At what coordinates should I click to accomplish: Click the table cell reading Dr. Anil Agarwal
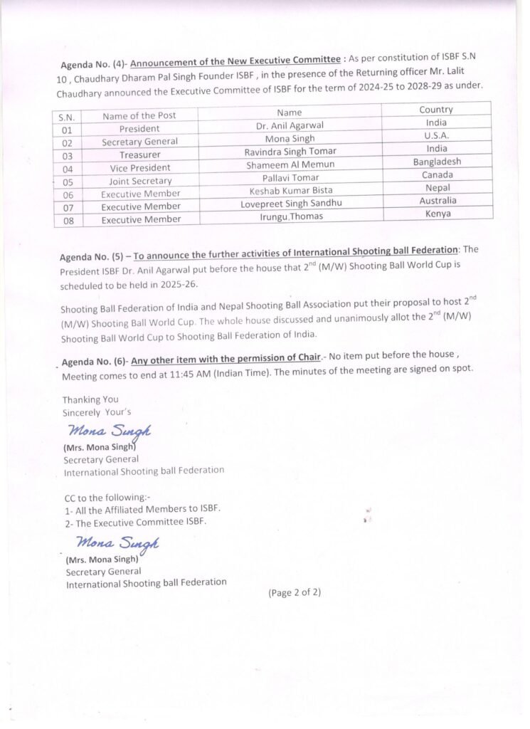click(290, 125)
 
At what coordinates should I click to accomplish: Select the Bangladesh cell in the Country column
click(437, 162)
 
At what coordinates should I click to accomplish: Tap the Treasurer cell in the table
click(139, 154)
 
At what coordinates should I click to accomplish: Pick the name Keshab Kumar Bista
click(290, 190)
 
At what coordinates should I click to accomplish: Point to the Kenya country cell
click(438, 213)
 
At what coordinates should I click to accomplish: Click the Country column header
click(436, 110)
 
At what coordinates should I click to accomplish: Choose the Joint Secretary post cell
click(140, 181)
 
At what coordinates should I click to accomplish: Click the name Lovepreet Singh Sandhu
click(291, 204)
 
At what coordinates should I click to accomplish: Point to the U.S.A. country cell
click(437, 135)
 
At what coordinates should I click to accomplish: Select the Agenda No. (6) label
click(94, 362)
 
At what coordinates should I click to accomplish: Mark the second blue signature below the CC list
click(117, 544)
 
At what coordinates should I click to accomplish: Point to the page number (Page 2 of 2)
click(295, 592)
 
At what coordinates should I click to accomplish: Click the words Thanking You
click(90, 399)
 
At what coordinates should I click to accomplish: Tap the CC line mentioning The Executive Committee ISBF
click(136, 521)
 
